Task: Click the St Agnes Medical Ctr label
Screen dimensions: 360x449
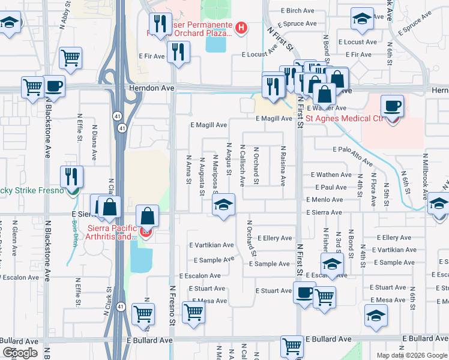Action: click(x=345, y=118)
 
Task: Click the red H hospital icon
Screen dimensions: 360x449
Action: click(x=241, y=27)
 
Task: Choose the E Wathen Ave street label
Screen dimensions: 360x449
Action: click(x=331, y=175)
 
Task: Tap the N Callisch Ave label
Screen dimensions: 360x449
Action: click(x=243, y=164)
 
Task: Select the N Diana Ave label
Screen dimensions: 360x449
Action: click(x=94, y=142)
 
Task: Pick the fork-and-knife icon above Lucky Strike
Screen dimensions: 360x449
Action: click(x=71, y=176)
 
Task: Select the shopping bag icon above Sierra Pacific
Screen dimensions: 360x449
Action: click(x=147, y=217)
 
